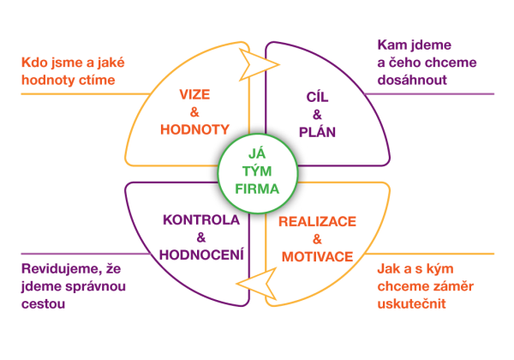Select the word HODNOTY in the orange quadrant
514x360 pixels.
tap(195, 129)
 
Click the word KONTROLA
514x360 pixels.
tap(200, 220)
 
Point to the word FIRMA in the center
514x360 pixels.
tap(257, 188)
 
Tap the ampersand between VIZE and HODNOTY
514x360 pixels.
tap(195, 112)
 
